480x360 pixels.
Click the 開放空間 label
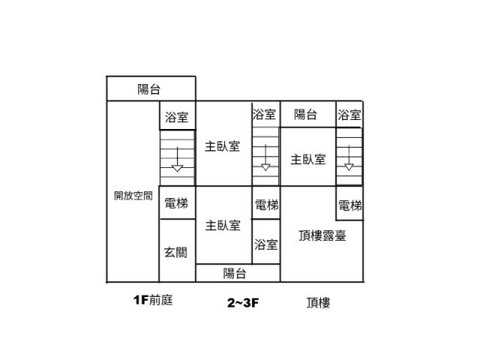[x=133, y=196]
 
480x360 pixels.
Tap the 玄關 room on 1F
[x=177, y=250]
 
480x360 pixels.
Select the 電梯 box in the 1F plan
[x=177, y=202]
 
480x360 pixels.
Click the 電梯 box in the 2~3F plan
[x=266, y=202]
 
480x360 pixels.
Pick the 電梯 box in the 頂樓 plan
[x=349, y=203]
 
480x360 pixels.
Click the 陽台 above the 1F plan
[x=151, y=88]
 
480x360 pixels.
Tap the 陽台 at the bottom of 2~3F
[x=238, y=273]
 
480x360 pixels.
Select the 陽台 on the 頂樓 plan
[x=308, y=114]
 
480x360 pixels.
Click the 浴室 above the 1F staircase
[x=177, y=115]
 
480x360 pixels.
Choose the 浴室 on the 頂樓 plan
[x=349, y=115]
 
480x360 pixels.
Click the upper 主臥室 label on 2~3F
[x=223, y=146]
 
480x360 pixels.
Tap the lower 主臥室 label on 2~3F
[x=223, y=226]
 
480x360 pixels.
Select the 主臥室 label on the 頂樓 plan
[x=308, y=160]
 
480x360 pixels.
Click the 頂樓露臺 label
[x=322, y=235]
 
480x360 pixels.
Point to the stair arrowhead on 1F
[x=177, y=168]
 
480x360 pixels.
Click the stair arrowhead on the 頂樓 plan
[x=349, y=167]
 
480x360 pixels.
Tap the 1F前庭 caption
[x=153, y=300]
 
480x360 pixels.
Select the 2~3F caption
[x=243, y=303]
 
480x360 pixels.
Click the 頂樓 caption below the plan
[x=318, y=303]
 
